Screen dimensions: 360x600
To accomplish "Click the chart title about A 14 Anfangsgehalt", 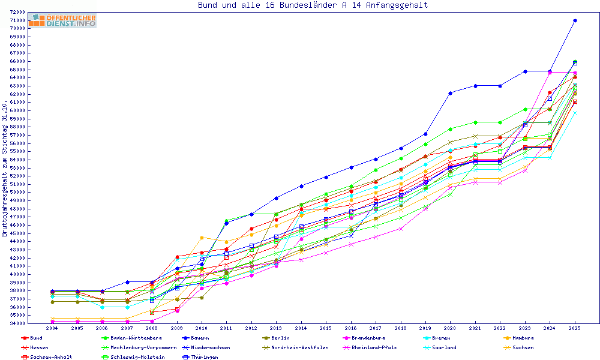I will point(313,5).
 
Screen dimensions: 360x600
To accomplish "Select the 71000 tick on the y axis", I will point(17,20).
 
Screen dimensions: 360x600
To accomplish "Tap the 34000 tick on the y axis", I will point(17,323).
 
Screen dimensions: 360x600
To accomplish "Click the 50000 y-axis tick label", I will point(17,192).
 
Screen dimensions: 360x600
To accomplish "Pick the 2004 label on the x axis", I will point(52,329).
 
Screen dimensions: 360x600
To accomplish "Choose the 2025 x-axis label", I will point(575,329).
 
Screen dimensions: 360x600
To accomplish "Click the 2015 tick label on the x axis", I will point(326,329).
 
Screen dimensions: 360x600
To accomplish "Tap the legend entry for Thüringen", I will point(200,357).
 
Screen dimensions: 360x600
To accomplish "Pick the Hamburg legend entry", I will point(519,338).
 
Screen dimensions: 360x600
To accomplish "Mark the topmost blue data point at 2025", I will point(575,20).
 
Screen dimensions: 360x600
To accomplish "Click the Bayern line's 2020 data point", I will point(450,92).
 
